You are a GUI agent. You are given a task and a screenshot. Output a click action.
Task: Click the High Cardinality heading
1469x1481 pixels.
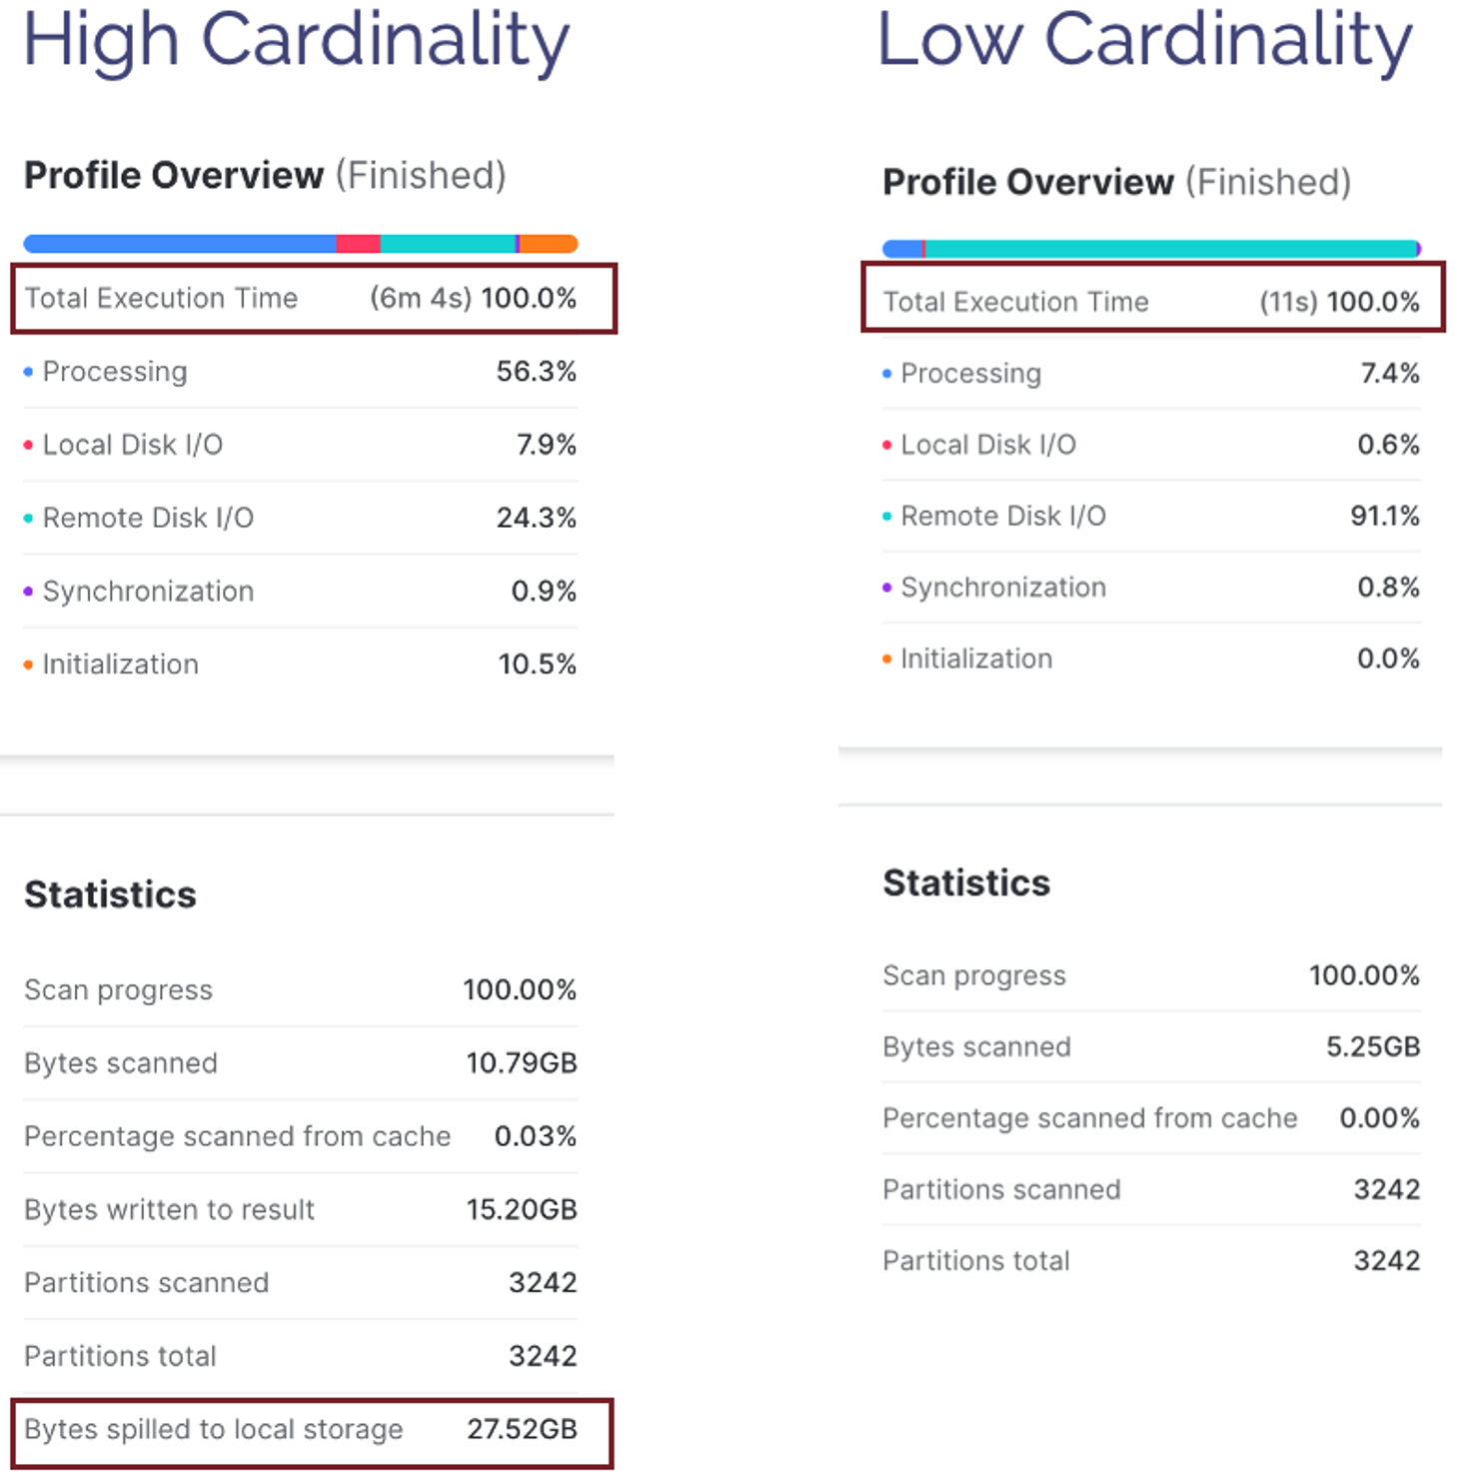point(296,42)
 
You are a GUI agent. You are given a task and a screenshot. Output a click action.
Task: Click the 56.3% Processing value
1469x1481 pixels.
point(537,372)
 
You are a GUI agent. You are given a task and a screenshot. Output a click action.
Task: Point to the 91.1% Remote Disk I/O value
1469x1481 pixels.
point(1385,516)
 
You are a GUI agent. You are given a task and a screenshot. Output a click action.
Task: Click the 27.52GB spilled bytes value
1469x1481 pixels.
point(523,1429)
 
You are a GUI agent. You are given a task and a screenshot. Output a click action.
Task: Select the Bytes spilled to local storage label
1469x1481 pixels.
point(214,1430)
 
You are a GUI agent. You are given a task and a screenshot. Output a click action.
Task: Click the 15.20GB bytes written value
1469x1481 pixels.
point(522,1209)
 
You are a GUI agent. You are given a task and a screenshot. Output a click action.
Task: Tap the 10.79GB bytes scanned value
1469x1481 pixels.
point(522,1062)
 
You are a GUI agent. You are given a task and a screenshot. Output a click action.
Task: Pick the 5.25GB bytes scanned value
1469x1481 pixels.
point(1373,1046)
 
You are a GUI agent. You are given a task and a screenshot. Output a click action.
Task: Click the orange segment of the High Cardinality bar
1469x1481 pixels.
point(549,244)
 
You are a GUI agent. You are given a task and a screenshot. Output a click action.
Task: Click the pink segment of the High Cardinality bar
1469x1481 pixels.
point(358,244)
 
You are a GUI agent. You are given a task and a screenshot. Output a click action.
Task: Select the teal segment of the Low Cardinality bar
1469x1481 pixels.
point(1171,249)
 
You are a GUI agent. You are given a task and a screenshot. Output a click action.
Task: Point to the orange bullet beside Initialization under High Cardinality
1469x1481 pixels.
point(28,665)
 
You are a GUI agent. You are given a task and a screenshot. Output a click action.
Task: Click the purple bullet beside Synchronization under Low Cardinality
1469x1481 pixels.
point(886,588)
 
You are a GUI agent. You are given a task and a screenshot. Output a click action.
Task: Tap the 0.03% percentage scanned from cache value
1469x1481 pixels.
point(536,1136)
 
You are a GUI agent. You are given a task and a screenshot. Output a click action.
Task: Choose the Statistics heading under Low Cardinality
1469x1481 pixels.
point(966,883)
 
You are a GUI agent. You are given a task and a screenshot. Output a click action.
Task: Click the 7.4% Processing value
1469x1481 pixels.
point(1390,373)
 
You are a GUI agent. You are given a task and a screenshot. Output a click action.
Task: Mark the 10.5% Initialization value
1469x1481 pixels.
point(538,665)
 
